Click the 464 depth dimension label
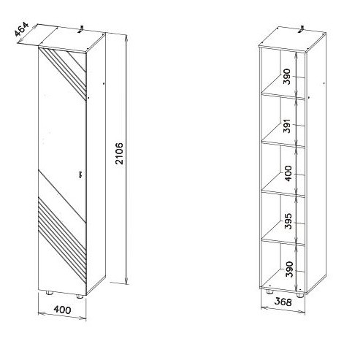[21, 29]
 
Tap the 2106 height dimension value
[119, 153]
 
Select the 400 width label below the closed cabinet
[62, 310]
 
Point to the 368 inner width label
[283, 302]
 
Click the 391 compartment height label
[288, 126]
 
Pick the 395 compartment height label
[288, 221]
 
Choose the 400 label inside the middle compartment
[288, 173]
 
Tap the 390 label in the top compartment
[287, 77]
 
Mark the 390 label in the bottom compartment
[289, 269]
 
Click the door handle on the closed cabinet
[80, 175]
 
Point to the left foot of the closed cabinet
[50, 293]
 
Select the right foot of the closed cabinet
[80, 296]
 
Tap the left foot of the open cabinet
[270, 291]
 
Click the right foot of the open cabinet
[300, 295]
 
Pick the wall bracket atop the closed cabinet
[81, 29]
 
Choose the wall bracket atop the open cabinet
[302, 28]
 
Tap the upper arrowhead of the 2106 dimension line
[126, 39]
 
